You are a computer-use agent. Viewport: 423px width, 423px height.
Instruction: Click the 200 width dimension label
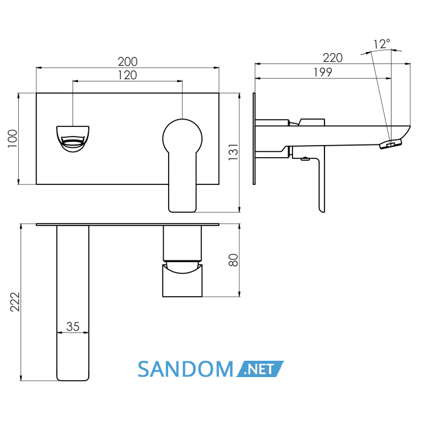pos(128,62)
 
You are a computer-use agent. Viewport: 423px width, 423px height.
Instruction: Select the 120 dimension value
pos(128,76)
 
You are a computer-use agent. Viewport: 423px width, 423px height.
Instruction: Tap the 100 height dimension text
pos(13,138)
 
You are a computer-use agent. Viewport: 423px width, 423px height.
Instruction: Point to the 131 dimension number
pos(234,152)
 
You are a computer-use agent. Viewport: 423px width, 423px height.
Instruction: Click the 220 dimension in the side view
pos(332,58)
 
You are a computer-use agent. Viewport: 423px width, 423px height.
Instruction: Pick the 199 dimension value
pos(323,73)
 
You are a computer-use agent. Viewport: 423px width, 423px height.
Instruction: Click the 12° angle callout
pos(382,44)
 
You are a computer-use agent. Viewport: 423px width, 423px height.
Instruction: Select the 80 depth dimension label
pos(233,260)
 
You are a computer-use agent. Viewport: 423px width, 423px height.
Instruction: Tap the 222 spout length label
pos(15,302)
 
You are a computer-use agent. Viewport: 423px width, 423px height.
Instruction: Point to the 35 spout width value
pos(73,326)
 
